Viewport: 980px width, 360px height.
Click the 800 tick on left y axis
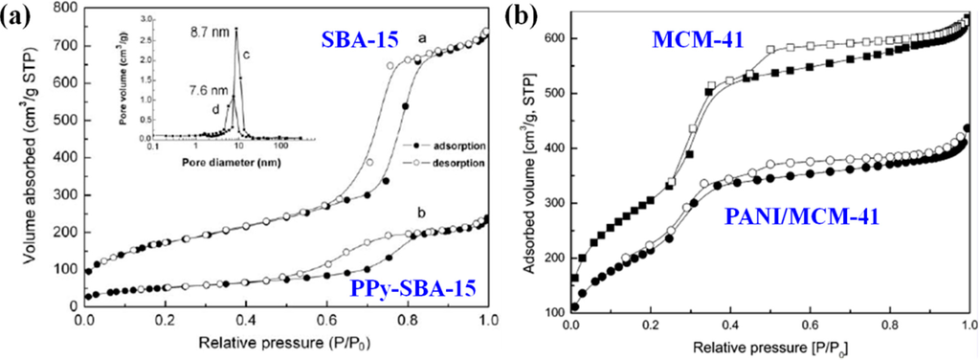click(x=65, y=9)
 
